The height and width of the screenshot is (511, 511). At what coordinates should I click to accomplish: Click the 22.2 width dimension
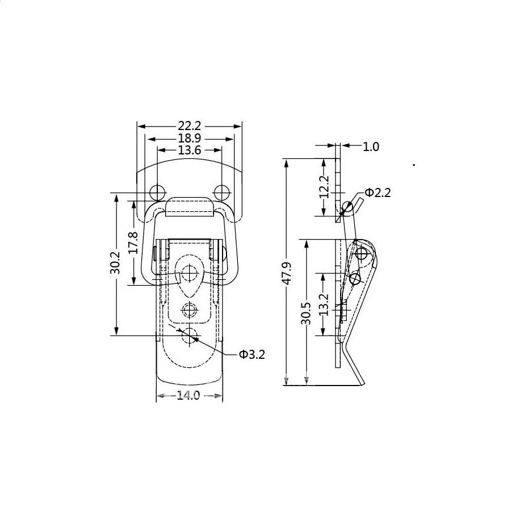(x=189, y=125)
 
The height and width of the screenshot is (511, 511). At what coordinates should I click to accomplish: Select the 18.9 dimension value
(x=189, y=139)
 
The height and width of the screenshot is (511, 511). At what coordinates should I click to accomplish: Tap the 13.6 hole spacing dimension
(x=189, y=150)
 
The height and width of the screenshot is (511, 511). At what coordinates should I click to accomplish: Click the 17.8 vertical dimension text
(x=133, y=243)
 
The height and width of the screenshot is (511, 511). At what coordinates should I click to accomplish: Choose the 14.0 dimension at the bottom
(x=189, y=395)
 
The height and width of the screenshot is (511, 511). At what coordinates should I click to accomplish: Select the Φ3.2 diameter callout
(x=252, y=354)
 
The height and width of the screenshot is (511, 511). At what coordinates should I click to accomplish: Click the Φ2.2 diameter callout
(x=378, y=192)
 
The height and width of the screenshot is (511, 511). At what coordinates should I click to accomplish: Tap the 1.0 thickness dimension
(x=371, y=146)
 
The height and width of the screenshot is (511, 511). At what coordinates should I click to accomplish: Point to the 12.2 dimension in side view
(x=324, y=187)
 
